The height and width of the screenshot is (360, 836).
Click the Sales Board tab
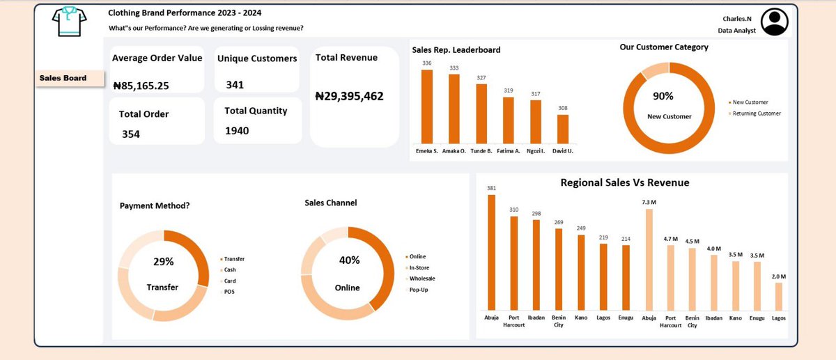(x=63, y=78)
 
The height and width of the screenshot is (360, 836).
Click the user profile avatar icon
(x=774, y=22)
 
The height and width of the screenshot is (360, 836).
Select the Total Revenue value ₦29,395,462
(x=349, y=97)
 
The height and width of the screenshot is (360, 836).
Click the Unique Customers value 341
(x=235, y=85)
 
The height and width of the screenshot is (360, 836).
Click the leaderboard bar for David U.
(x=562, y=129)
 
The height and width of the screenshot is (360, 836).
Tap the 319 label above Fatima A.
(x=508, y=91)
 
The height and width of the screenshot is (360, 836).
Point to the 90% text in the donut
(x=663, y=96)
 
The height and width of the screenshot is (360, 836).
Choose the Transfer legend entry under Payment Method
(x=234, y=259)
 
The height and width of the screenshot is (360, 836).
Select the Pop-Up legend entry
(x=418, y=289)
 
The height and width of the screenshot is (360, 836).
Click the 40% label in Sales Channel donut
(x=349, y=260)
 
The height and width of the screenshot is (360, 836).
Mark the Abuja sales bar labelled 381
(x=492, y=252)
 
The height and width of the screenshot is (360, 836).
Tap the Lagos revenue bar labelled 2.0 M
(x=778, y=296)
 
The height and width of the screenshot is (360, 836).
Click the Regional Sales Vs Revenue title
(x=624, y=182)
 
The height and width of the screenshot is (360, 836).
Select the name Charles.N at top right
(x=734, y=19)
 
